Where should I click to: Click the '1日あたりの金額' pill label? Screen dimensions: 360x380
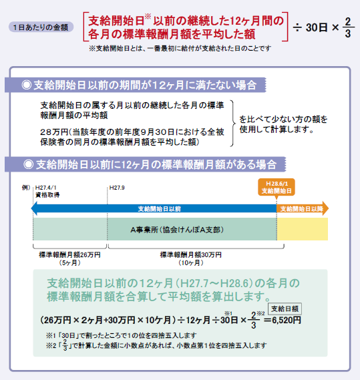pyautogui.click(x=41, y=27)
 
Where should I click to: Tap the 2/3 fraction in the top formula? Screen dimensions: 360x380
pyautogui.click(x=348, y=27)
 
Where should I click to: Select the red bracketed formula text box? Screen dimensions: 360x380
pyautogui.click(x=186, y=27)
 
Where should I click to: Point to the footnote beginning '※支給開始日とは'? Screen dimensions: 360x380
pyautogui.click(x=180, y=49)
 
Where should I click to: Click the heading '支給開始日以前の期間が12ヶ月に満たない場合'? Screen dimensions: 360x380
pyautogui.click(x=139, y=85)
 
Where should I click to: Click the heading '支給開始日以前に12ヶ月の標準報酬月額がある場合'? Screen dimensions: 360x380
pyautogui.click(x=150, y=164)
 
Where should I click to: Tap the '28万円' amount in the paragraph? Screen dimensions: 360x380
pyautogui.click(x=54, y=132)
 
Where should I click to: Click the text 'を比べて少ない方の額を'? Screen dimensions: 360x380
pyautogui.click(x=283, y=119)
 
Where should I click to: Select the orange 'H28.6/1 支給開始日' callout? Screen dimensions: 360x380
pyautogui.click(x=277, y=187)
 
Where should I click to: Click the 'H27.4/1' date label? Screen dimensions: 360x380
pyautogui.click(x=46, y=188)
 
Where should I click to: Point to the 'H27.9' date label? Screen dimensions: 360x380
pyautogui.click(x=117, y=188)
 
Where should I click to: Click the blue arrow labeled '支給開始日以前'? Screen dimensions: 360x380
pyautogui.click(x=154, y=208)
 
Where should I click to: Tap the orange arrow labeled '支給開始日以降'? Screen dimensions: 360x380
pyautogui.click(x=303, y=208)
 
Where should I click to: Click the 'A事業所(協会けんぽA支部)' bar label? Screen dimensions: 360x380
pyautogui.click(x=177, y=230)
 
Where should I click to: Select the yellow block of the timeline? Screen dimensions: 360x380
pyautogui.click(x=303, y=229)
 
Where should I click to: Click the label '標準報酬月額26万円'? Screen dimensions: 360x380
pyautogui.click(x=70, y=254)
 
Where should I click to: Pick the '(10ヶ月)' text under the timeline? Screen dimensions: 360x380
pyautogui.click(x=191, y=262)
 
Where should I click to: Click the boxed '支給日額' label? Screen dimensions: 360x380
pyautogui.click(x=285, y=309)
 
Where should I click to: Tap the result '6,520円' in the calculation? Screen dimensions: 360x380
pyautogui.click(x=287, y=320)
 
